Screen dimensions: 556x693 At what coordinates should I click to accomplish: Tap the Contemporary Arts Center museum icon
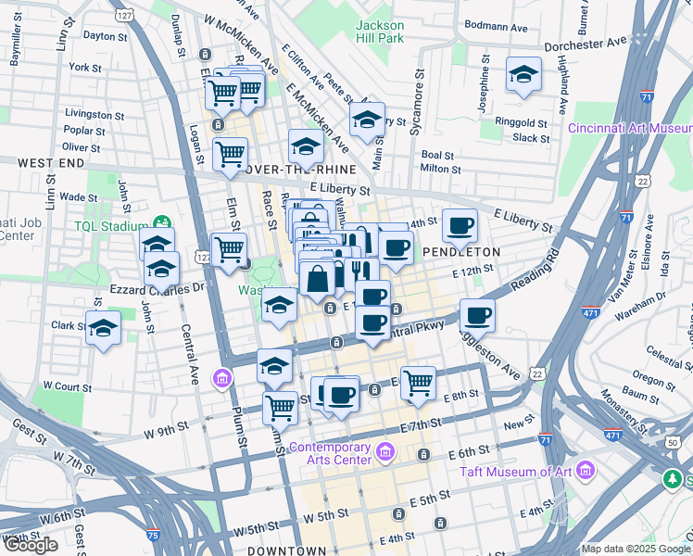385,453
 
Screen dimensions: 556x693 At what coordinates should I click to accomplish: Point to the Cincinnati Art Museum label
630,128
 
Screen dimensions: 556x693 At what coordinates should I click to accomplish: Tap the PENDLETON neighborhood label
461,251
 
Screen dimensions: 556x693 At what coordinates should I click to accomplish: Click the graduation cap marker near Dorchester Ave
523,74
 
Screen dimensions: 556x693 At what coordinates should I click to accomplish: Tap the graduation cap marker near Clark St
103,327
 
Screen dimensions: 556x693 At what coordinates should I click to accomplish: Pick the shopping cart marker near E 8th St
419,381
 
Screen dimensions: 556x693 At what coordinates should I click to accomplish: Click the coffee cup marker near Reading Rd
478,315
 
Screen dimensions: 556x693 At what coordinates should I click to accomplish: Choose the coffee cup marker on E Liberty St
460,225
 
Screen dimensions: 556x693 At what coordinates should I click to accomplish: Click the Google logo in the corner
31,545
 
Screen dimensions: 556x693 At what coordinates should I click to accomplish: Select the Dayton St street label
105,37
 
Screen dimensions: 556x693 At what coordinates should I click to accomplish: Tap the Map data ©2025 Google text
636,549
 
